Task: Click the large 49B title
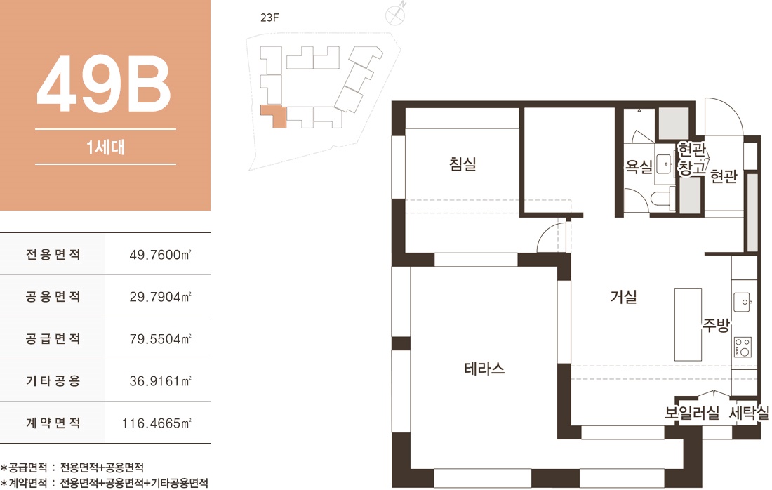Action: pos(105,84)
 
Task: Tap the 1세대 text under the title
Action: pos(105,147)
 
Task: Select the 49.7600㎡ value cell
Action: pos(160,255)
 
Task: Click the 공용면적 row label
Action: pos(53,296)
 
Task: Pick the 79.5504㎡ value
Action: pos(160,339)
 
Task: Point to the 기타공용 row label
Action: pos(53,380)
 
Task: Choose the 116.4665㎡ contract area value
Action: pos(157,423)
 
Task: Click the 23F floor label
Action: pos(269,18)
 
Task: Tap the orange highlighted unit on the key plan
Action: pos(273,115)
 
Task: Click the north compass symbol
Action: pos(395,15)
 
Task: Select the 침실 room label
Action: pos(462,164)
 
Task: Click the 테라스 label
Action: pos(484,369)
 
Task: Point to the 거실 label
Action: pos(624,296)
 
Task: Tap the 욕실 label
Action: pos(639,167)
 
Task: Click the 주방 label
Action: pos(716,325)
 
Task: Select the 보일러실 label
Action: pos(692,413)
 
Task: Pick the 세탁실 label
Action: pos(749,413)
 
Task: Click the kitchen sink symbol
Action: pos(743,302)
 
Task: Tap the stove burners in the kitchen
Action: pos(743,347)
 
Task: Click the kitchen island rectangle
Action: pos(688,324)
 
